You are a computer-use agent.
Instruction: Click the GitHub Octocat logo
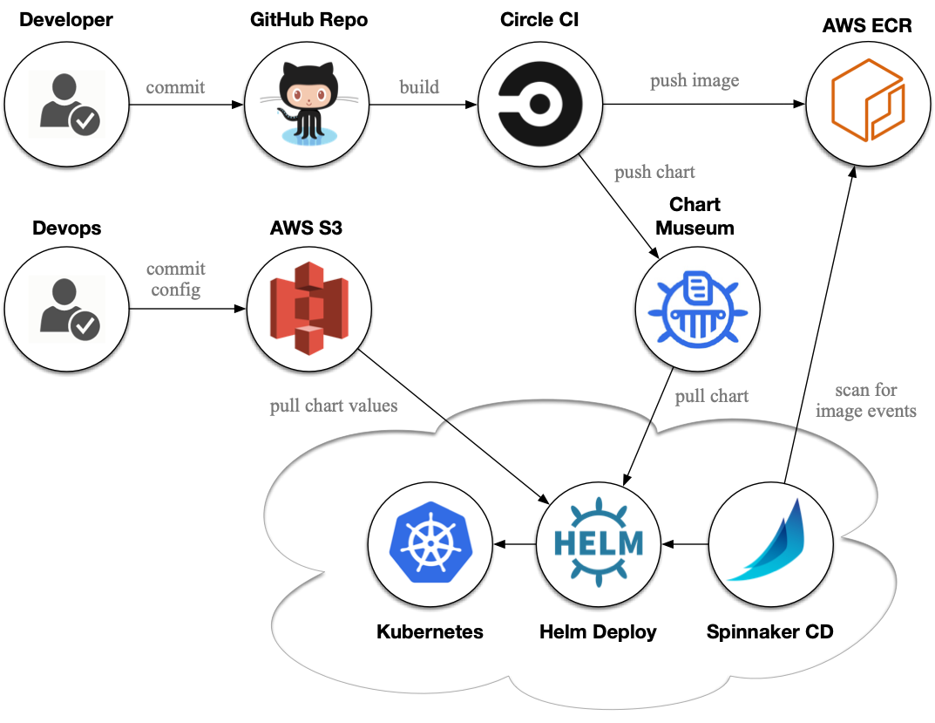pos(308,103)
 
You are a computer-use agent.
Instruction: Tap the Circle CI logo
pos(540,104)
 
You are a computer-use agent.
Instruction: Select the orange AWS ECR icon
pos(868,99)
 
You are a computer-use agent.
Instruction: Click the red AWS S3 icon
pos(308,308)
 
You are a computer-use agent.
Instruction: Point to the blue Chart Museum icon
pos(698,310)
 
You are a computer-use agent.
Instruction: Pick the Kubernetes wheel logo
pos(430,542)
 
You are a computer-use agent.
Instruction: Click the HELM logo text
pos(599,542)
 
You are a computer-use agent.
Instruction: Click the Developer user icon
pos(67,105)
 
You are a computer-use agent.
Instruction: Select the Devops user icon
pos(67,309)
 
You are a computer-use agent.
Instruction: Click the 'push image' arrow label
pos(694,80)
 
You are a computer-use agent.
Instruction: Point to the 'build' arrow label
pos(419,87)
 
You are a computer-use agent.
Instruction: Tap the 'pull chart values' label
pos(334,406)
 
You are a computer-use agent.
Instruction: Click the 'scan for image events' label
pos(866,400)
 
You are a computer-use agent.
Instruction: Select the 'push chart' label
pos(654,173)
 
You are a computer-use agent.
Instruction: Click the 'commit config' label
pos(176,279)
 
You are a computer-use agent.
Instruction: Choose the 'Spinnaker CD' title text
pos(769,631)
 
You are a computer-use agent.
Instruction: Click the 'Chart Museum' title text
pos(694,216)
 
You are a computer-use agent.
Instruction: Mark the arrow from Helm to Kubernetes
pos(515,544)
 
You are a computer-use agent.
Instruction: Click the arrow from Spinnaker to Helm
pos(685,544)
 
